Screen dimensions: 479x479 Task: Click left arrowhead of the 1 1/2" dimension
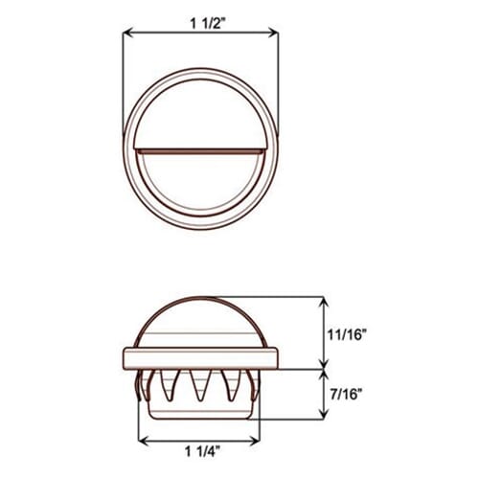pos(127,34)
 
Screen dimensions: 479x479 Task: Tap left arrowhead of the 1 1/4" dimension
pos(145,442)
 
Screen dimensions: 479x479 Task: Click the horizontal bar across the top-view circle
pos(201,150)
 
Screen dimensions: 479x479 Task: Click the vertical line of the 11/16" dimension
pos(324,331)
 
